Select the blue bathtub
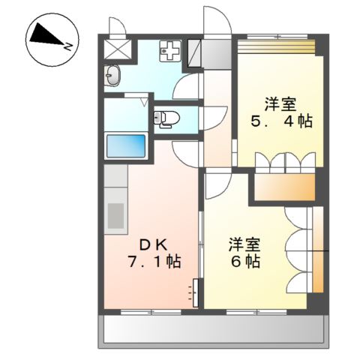point(126,145)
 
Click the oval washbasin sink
point(113,75)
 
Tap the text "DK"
point(154,244)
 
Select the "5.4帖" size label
point(281,120)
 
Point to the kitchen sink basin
point(116,215)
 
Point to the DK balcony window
point(150,310)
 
